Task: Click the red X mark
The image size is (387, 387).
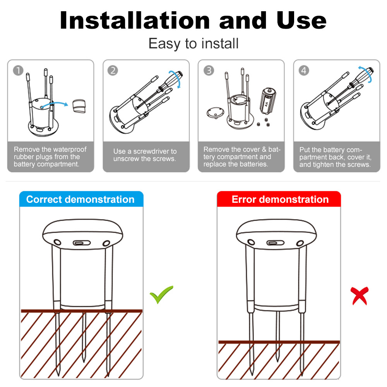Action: point(360,296)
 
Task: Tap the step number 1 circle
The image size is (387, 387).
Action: point(18,70)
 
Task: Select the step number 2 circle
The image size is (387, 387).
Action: point(113,70)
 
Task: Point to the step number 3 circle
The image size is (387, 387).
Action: point(209,70)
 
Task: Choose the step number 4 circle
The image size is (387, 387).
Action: point(304,70)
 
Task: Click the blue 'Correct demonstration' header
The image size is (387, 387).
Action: point(81,199)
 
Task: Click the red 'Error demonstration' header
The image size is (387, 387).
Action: point(279,199)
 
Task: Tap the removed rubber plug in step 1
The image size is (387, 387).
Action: point(79,106)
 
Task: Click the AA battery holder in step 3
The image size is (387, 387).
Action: point(268,101)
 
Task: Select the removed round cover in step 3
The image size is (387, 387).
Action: point(215,113)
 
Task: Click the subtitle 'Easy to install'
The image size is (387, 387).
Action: point(193,44)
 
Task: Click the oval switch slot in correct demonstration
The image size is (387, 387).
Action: point(81,243)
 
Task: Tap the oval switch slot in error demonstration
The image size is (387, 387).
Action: point(275,243)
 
